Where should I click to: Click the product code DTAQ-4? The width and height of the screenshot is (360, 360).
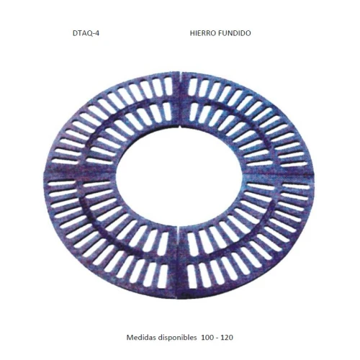click(x=86, y=33)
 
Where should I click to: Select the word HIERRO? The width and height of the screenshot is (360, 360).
click(x=203, y=33)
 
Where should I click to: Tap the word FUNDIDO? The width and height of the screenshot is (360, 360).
click(x=235, y=33)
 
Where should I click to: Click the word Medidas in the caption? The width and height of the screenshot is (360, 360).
click(x=141, y=337)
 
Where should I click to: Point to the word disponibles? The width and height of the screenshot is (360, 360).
click(x=177, y=338)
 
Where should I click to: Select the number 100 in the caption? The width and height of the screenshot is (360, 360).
click(x=207, y=338)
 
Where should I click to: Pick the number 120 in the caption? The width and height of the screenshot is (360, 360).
click(x=227, y=338)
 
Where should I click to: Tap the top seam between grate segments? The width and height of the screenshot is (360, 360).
click(x=180, y=99)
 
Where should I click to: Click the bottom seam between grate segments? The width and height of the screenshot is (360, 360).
click(x=178, y=262)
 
